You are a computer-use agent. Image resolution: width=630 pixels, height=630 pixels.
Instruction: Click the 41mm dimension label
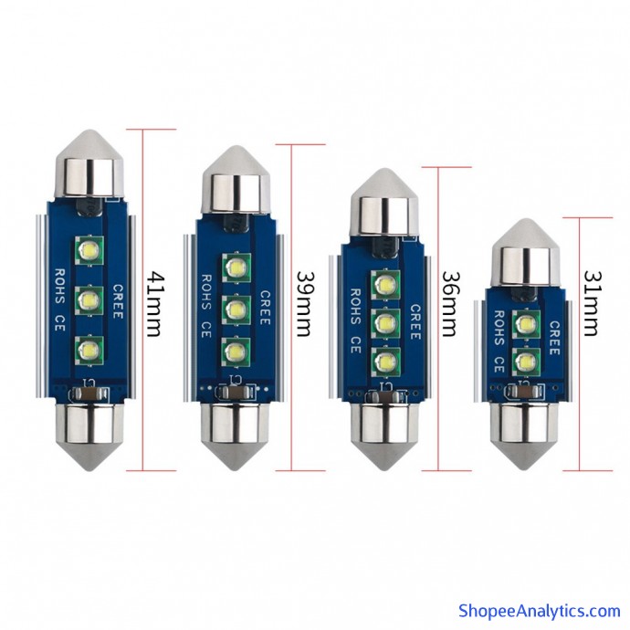click(155, 304)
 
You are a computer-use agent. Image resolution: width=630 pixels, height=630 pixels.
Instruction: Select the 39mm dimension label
click(305, 304)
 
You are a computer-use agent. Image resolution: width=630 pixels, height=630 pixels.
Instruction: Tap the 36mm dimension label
click(451, 304)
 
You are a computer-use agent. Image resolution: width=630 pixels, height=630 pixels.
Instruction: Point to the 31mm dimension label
click(592, 303)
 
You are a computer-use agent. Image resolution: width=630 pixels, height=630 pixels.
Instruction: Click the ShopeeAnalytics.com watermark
click(540, 611)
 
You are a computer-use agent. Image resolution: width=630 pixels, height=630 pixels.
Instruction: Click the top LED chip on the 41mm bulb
click(89, 250)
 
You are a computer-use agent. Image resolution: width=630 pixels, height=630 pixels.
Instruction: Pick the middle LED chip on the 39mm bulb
click(236, 310)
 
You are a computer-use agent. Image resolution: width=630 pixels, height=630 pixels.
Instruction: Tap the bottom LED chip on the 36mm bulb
click(385, 362)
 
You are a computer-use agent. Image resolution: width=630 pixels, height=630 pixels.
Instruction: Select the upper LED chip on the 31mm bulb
click(526, 324)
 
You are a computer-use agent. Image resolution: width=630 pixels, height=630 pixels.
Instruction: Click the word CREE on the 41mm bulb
click(118, 301)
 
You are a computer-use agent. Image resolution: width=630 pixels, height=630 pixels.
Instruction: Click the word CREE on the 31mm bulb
click(554, 338)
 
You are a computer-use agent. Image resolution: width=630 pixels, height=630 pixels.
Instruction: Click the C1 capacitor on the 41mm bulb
click(89, 394)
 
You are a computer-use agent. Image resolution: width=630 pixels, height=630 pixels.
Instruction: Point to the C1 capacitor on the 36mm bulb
click(384, 396)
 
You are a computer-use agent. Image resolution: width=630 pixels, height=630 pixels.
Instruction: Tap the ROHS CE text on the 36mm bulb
click(355, 320)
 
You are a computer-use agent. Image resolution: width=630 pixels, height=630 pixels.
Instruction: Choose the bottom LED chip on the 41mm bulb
click(89, 351)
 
